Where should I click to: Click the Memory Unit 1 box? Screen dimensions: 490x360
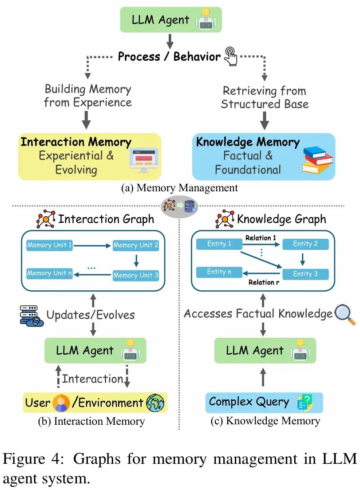[x=49, y=245]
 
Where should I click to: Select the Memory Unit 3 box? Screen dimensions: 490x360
[x=135, y=275]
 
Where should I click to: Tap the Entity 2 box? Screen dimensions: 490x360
[x=305, y=244]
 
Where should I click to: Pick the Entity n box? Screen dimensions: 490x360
[x=219, y=272]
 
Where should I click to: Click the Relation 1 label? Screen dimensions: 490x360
[x=261, y=238]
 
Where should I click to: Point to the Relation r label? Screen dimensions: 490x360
[x=264, y=282]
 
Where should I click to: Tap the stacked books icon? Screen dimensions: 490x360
[x=318, y=160]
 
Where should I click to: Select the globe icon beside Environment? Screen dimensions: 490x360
[x=155, y=403]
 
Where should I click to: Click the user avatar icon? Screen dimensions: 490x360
[x=61, y=403]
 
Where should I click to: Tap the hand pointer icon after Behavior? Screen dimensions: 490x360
[x=231, y=56]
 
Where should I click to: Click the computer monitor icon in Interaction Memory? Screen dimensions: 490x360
[x=143, y=160]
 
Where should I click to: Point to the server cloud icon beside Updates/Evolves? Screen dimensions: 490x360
[x=31, y=316]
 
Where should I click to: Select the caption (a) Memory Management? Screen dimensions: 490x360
[x=179, y=188]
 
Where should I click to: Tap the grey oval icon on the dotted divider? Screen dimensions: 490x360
[x=180, y=206]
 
